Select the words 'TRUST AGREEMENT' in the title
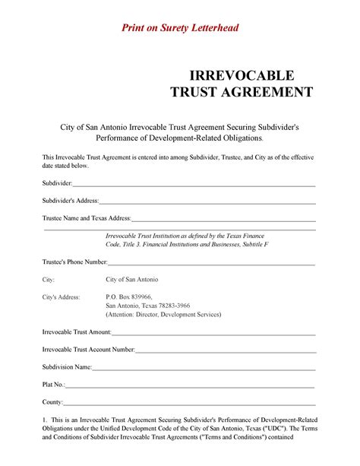click(240, 92)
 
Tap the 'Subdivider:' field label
click(57, 184)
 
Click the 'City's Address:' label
click(61, 296)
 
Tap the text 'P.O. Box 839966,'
click(129, 296)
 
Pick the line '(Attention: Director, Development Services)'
click(163, 315)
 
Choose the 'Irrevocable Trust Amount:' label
click(77, 332)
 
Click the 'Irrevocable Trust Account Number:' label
click(88, 349)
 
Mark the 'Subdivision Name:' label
click(67, 367)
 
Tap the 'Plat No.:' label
click(54, 385)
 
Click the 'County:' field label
click(52, 401)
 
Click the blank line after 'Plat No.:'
click(190, 386)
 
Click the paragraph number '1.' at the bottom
click(45, 420)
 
